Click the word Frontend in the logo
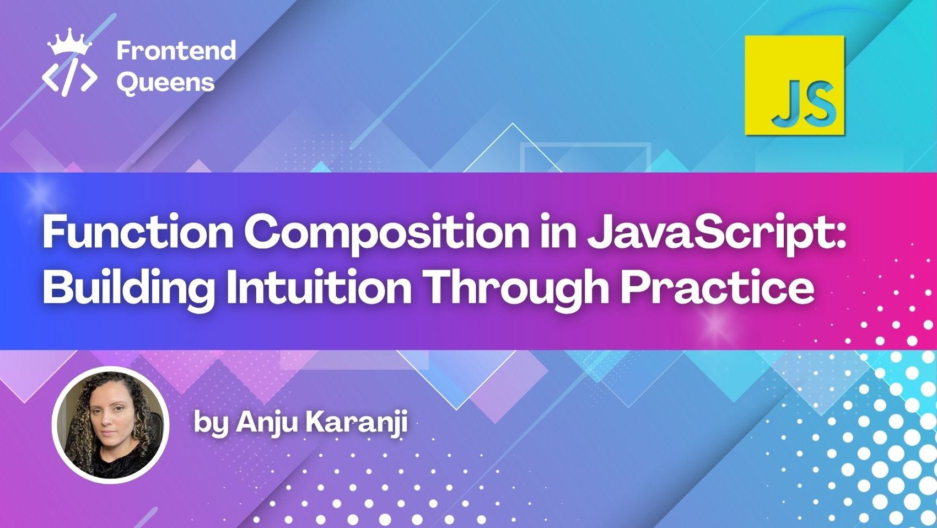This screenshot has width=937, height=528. coord(176,50)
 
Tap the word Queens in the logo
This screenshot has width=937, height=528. coord(165,83)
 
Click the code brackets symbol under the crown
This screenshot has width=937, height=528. coord(69,77)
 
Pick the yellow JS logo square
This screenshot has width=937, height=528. coord(794,86)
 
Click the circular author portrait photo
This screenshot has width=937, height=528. coord(110,425)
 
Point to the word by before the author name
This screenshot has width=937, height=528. coord(211,424)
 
